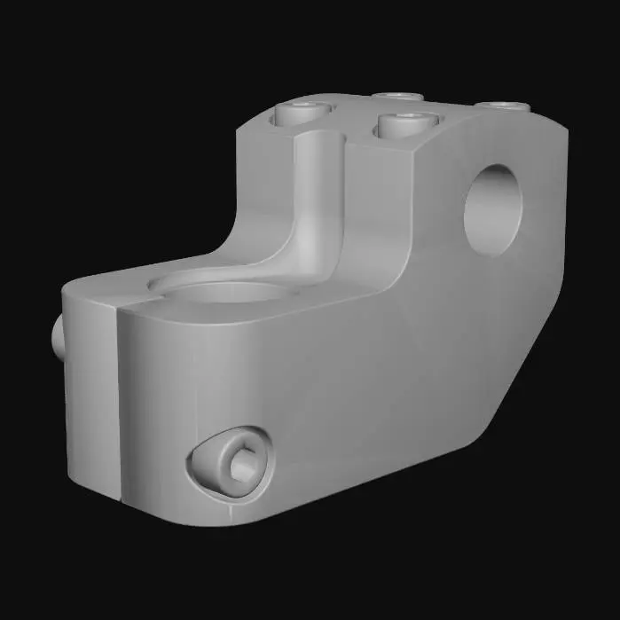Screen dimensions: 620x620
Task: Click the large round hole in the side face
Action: pos(492,209)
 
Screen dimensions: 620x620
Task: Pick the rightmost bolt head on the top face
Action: pos(503,106)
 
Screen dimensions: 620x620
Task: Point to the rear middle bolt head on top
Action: pos(396,96)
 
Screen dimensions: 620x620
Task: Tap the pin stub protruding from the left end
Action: pos(59,339)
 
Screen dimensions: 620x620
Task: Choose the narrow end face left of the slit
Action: pos(89,390)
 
